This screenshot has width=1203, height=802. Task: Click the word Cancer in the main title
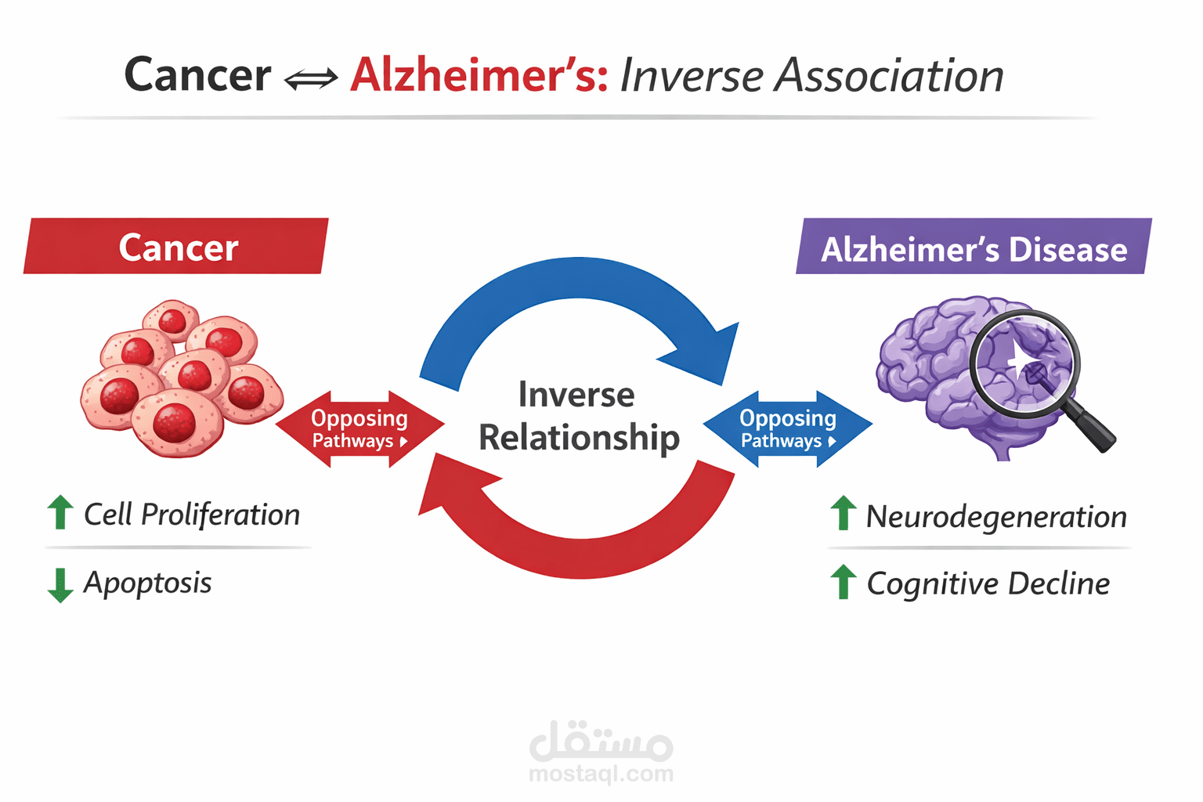click(x=197, y=75)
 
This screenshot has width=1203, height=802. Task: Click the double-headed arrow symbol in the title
click(x=311, y=78)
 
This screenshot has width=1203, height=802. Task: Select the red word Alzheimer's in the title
click(x=479, y=75)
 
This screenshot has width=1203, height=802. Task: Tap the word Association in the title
click(x=889, y=76)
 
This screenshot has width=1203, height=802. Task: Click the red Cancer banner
click(x=177, y=247)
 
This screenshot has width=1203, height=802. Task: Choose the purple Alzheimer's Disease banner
click(x=974, y=248)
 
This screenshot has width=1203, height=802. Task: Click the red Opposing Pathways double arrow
click(x=359, y=428)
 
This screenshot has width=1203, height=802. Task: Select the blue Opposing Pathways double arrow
click(x=787, y=428)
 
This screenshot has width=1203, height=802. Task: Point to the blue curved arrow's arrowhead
click(x=707, y=352)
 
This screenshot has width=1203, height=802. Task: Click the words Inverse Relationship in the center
click(x=578, y=416)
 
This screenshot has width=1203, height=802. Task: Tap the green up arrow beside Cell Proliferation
click(x=60, y=512)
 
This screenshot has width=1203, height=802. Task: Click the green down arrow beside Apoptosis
click(x=60, y=585)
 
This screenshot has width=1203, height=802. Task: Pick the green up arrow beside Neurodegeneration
click(x=843, y=513)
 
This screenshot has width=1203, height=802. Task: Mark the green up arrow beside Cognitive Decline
click(x=843, y=582)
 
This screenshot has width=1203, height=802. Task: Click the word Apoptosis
click(x=147, y=583)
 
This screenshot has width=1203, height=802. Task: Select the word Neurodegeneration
click(x=995, y=517)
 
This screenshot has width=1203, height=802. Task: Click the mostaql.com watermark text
click(x=601, y=774)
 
